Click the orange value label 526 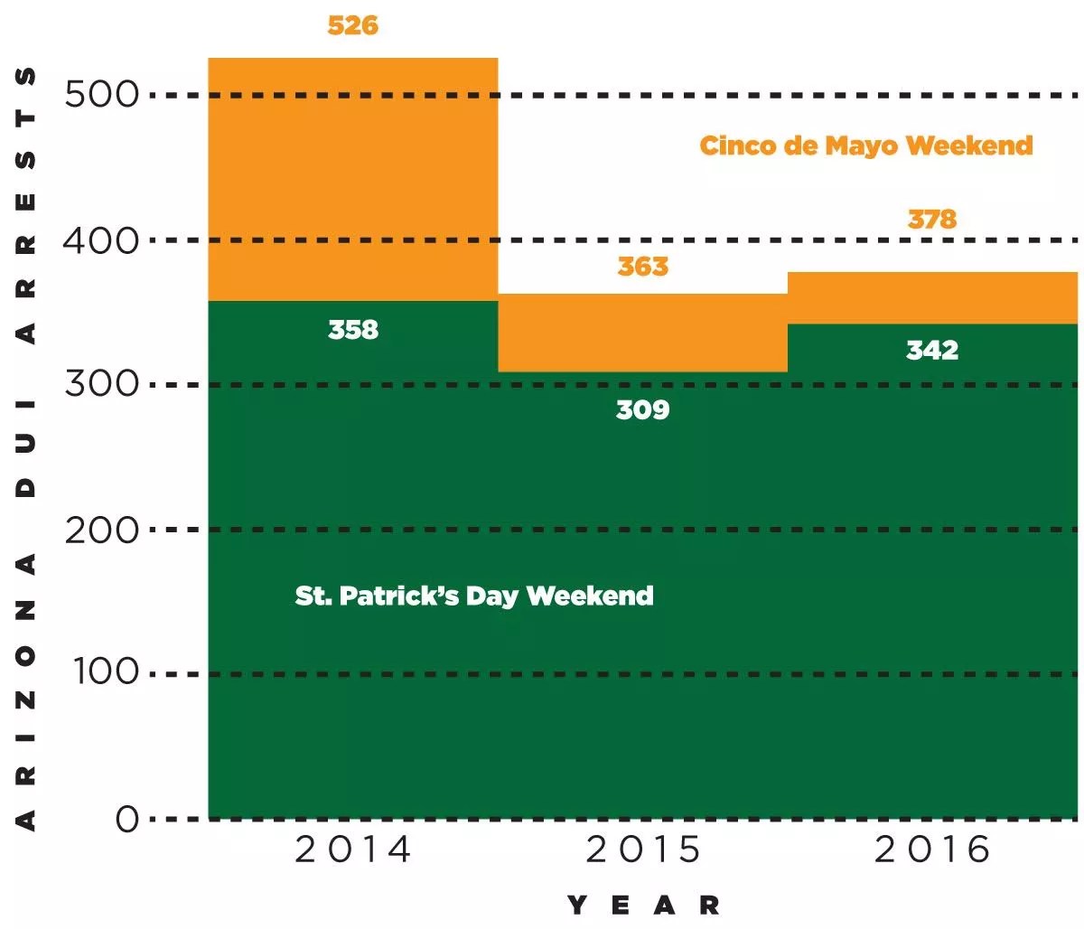click(x=352, y=25)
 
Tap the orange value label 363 click(x=642, y=267)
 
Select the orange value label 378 click(x=931, y=220)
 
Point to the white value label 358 click(x=353, y=330)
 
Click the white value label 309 click(x=642, y=410)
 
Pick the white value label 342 click(x=931, y=350)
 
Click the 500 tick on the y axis click(x=101, y=94)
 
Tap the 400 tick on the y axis click(x=101, y=240)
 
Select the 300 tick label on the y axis click(x=101, y=384)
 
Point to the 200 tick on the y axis click(x=101, y=530)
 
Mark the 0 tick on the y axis click(x=126, y=820)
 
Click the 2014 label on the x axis click(x=352, y=850)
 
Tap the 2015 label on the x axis click(x=642, y=850)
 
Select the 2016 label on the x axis click(x=931, y=850)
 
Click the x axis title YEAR click(x=642, y=906)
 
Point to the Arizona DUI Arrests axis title click(x=27, y=447)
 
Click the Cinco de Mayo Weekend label click(x=865, y=146)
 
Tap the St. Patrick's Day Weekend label click(x=474, y=596)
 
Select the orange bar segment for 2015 click(x=642, y=333)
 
